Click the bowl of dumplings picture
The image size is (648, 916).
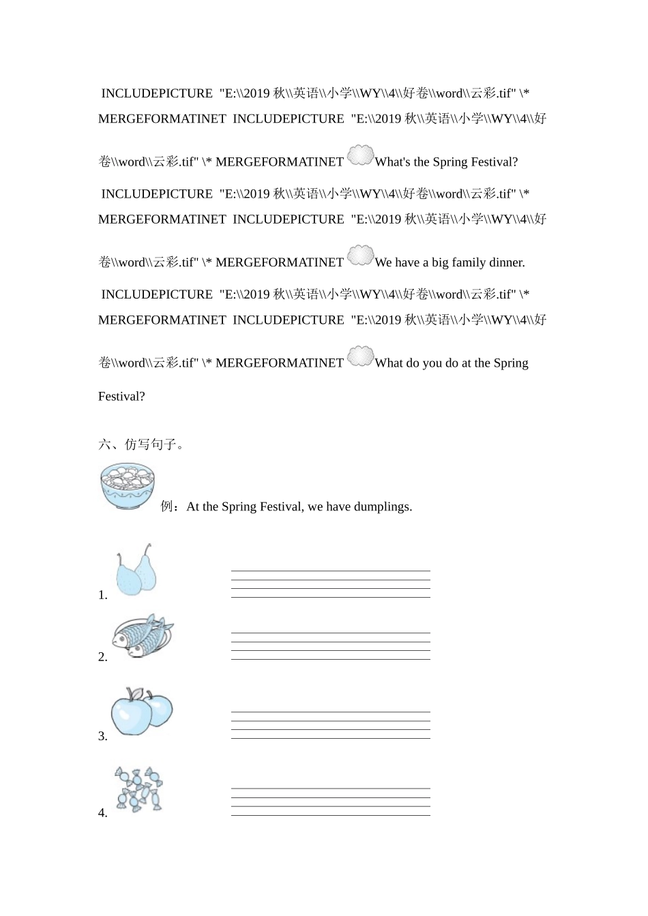point(128,486)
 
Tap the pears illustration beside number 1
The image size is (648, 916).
point(136,570)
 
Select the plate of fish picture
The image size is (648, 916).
point(143,636)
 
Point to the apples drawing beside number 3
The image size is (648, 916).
point(142,711)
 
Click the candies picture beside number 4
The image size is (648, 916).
point(139,789)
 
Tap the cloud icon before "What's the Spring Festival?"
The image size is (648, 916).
point(360,156)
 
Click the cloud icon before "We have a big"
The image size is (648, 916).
point(360,256)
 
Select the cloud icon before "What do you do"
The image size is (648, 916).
point(360,356)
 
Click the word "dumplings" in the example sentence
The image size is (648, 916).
point(383,507)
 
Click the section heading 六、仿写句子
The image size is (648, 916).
point(141,444)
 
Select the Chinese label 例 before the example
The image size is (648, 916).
point(167,506)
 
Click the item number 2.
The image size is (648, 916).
point(102,657)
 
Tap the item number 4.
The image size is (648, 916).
point(102,812)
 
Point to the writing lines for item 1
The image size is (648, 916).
point(330,584)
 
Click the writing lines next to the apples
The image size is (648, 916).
point(330,725)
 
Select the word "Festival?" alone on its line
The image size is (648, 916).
point(121,397)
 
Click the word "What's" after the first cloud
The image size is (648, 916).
point(392,162)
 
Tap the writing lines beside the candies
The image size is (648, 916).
point(330,802)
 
